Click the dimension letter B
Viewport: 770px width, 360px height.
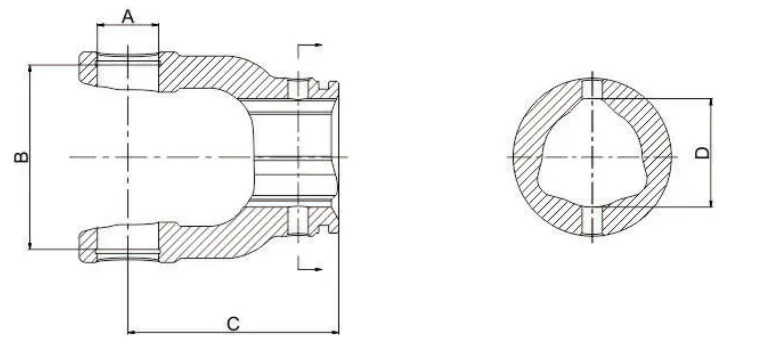point(17,157)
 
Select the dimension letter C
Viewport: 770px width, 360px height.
point(233,323)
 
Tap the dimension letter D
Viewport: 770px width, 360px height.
point(703,153)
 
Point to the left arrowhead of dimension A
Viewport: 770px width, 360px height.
point(99,28)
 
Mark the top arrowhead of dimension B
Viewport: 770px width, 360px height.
point(31,69)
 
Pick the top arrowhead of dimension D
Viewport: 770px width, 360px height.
point(710,102)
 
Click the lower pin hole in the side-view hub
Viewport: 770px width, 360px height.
point(296,220)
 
